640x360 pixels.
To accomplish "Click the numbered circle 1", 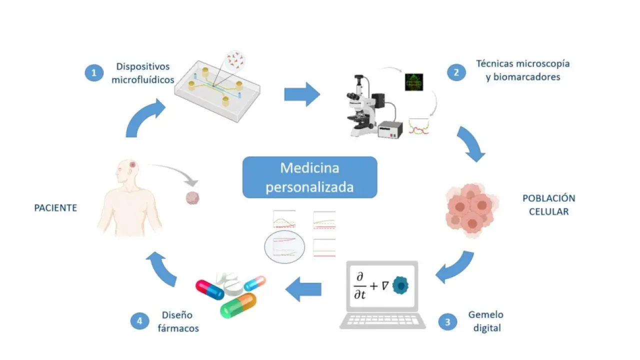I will click(x=93, y=73).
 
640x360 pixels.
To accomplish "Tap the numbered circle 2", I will click(x=455, y=72).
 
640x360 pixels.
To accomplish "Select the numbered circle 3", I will click(x=447, y=321).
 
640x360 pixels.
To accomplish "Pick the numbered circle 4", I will click(x=139, y=321).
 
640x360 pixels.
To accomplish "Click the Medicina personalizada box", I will click(x=309, y=177).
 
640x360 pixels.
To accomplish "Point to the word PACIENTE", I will click(x=55, y=208).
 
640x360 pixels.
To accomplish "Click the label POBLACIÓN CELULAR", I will click(x=548, y=204).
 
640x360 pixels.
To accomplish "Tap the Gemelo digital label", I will click(x=485, y=321).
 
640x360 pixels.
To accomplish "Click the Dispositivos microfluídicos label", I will click(x=143, y=73).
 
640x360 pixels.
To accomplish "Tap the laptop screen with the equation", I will click(x=382, y=285).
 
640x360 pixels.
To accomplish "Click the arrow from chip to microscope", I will click(x=302, y=94).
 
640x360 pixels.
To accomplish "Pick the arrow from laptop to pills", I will click(x=303, y=289).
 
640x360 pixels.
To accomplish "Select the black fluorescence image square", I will click(x=414, y=82).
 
